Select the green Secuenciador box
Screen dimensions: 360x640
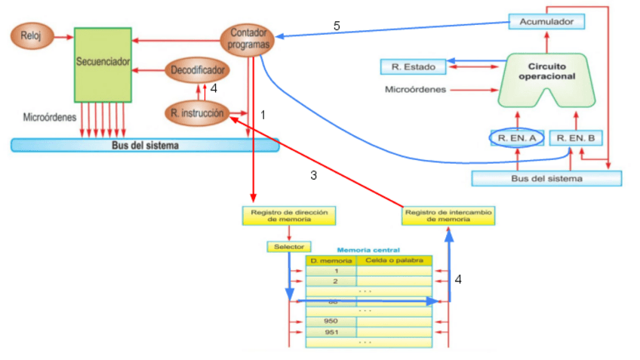point(103,64)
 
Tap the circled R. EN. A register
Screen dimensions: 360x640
point(517,139)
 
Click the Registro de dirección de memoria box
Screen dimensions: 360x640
point(288,216)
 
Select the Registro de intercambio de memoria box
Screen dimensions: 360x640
point(449,216)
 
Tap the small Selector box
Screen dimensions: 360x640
point(288,247)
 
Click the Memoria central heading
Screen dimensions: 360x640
point(368,249)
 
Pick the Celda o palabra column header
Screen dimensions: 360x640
point(393,260)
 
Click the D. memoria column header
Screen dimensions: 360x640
point(331,260)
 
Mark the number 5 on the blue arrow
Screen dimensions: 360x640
point(337,26)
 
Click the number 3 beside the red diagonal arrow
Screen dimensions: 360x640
point(313,175)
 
